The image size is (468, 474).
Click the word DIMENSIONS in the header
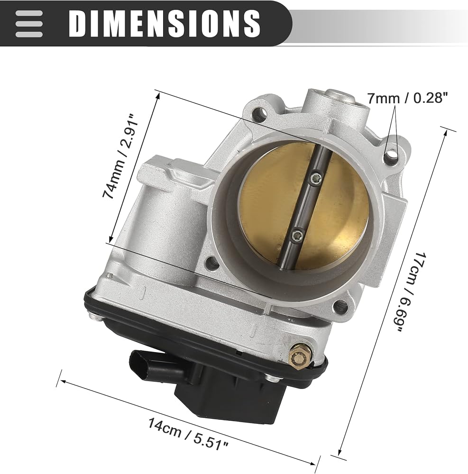click(x=165, y=23)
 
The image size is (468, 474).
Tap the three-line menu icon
click(x=29, y=24)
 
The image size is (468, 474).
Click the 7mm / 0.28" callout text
click(x=407, y=98)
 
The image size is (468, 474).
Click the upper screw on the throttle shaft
click(x=316, y=177)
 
